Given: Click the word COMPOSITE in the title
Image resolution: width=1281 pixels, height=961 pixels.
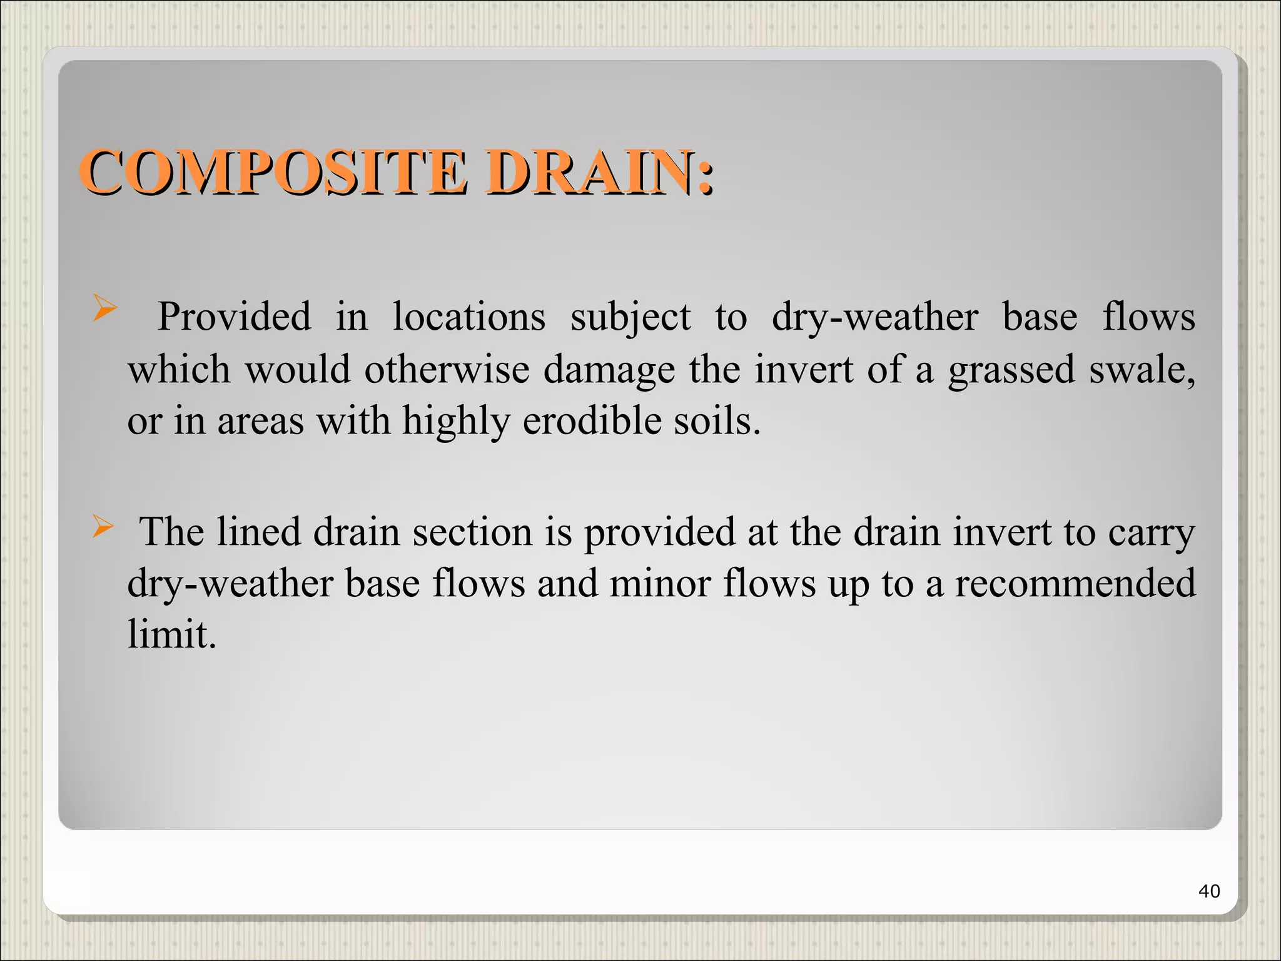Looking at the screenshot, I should (x=273, y=172).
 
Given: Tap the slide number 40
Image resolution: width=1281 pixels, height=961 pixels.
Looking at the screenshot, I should (x=1208, y=891).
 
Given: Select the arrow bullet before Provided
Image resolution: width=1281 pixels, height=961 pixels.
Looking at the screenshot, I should (x=104, y=308).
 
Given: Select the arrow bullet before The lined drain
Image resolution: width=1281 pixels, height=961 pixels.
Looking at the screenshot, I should (x=103, y=526).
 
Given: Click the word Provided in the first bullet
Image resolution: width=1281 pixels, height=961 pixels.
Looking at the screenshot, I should (x=234, y=317).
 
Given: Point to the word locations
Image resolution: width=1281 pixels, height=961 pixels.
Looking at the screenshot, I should (x=469, y=317).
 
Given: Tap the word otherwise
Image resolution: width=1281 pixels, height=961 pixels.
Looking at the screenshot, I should (x=447, y=369).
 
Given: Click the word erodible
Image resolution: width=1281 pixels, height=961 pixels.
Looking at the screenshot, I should (x=592, y=420).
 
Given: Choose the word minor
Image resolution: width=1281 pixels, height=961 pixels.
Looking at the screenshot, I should (x=659, y=584).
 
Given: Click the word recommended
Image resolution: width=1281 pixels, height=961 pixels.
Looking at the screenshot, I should (x=1075, y=584).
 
